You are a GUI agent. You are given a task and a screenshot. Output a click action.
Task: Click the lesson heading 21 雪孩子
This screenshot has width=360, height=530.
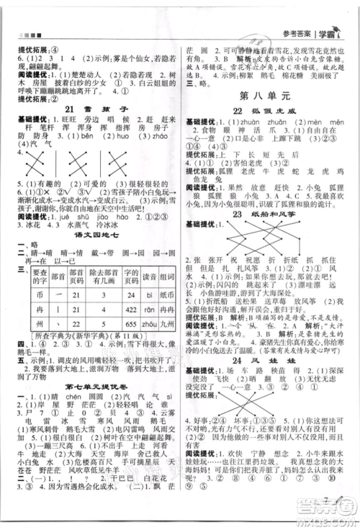(x=93, y=109)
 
